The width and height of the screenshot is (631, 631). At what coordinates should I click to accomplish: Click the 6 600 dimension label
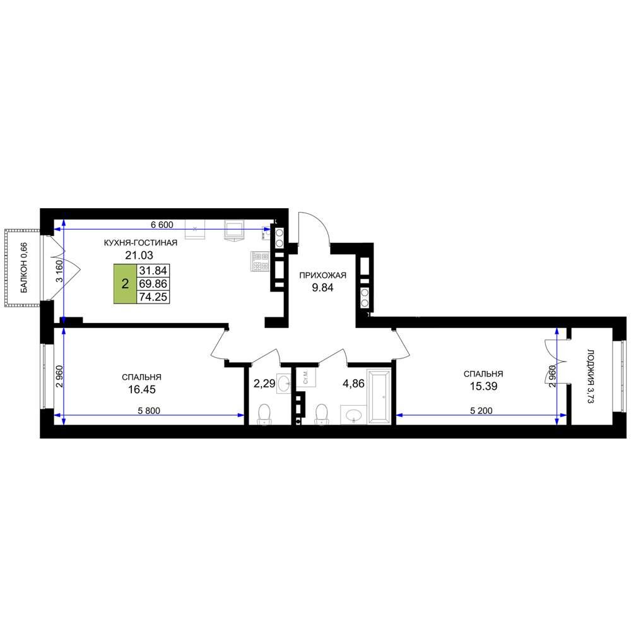tap(162, 225)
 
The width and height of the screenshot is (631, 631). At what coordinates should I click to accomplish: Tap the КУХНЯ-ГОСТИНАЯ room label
tap(141, 243)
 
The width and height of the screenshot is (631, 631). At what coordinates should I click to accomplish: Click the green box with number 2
tap(125, 284)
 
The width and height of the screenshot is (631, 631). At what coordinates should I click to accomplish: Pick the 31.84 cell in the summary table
tap(153, 271)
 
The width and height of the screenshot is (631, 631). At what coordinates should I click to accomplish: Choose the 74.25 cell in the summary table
tap(153, 297)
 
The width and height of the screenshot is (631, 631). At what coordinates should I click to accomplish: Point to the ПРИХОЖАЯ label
tap(322, 275)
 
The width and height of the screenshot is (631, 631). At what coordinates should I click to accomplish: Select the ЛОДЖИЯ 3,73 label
tap(591, 376)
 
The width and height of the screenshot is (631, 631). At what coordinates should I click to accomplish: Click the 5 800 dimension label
tap(149, 411)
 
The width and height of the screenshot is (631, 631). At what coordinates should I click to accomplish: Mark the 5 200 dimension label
tap(481, 411)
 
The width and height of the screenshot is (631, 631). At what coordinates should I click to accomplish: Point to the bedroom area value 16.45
tap(141, 389)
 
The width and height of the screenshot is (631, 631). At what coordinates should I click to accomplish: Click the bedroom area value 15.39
tap(483, 386)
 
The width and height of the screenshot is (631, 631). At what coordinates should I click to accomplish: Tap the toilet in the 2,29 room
tap(264, 414)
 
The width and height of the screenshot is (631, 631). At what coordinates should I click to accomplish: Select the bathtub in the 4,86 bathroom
tap(379, 396)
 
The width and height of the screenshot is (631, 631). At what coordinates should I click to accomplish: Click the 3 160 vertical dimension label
tap(59, 272)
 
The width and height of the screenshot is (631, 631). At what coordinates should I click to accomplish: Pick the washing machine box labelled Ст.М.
tap(306, 377)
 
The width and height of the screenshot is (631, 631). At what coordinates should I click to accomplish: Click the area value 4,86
tap(353, 384)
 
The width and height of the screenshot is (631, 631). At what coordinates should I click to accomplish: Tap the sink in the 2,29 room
tap(284, 383)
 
